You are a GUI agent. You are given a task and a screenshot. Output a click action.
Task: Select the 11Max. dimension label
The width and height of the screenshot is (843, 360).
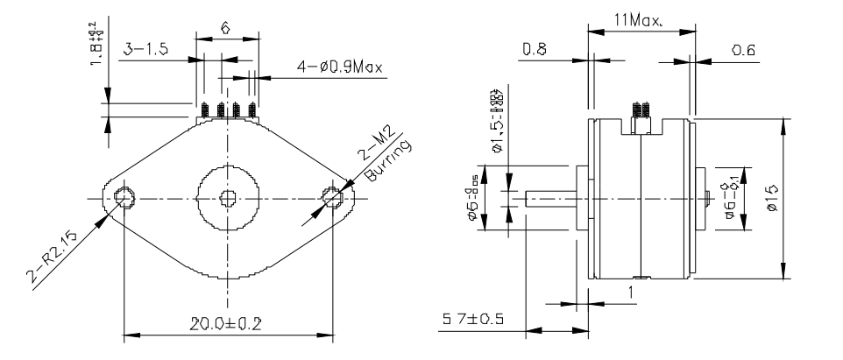pyautogui.click(x=639, y=18)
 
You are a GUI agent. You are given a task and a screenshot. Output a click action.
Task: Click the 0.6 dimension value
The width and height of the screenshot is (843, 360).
pyautogui.click(x=746, y=52)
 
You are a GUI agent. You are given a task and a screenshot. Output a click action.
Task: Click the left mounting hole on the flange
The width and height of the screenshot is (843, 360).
pyautogui.click(x=123, y=198)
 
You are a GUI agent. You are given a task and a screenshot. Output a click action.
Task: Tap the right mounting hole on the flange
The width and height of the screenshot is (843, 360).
pyautogui.click(x=334, y=198)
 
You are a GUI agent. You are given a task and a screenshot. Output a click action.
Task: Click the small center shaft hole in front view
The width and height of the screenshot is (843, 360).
pyautogui.click(x=228, y=198)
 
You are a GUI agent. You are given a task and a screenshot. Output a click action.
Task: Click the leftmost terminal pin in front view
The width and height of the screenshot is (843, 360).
pyautogui.click(x=203, y=110)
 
